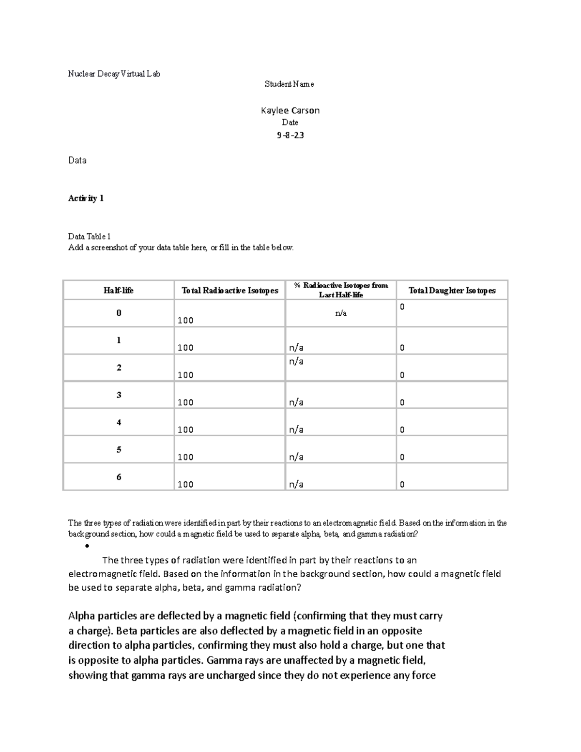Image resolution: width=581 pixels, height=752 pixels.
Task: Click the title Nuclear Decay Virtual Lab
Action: (114, 74)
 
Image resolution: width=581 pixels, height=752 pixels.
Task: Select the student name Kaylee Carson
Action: (290, 110)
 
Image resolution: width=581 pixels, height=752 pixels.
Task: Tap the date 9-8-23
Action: (290, 135)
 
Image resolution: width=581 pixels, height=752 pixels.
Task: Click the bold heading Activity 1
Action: (86, 198)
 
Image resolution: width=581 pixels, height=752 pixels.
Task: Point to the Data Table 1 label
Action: (89, 236)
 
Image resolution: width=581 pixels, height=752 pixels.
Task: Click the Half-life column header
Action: (118, 290)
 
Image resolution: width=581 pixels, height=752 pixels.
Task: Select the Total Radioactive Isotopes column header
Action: (229, 290)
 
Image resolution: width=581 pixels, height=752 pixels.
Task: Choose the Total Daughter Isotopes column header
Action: (452, 290)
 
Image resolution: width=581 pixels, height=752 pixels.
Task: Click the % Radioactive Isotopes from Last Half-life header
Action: (341, 290)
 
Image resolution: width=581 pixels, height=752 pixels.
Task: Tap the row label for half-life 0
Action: (119, 313)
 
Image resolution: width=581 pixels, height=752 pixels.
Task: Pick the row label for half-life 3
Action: (119, 395)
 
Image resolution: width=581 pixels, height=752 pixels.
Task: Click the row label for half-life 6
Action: (119, 477)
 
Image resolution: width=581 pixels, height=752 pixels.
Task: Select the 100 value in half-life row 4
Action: (185, 430)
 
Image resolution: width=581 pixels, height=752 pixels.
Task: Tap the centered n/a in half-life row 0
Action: (341, 313)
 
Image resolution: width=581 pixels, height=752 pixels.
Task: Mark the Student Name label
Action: (289, 84)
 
